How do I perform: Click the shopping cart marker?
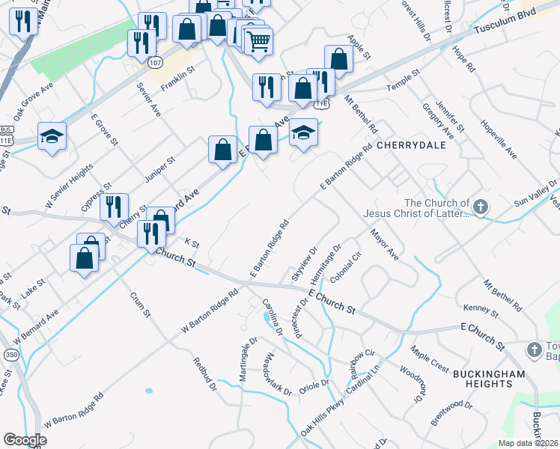point(258,42)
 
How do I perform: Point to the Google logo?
point(25,439)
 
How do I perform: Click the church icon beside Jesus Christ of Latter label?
point(481,206)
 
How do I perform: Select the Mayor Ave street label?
point(384,245)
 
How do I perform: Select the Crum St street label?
point(139,305)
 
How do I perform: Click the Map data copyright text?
point(527,442)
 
